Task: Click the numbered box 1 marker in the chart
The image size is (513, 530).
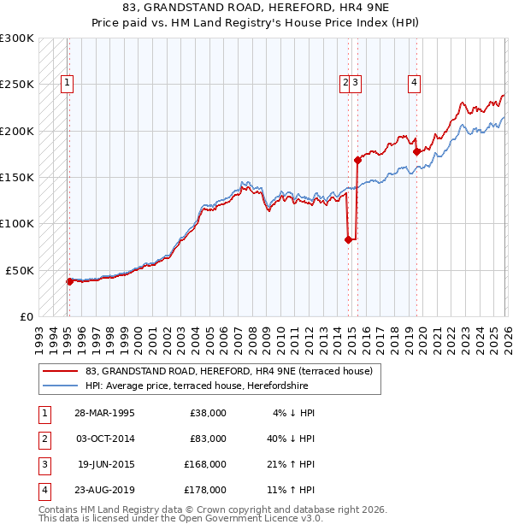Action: (x=67, y=83)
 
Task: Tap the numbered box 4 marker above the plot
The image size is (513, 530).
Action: (x=414, y=83)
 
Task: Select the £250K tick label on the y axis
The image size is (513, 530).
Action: (x=17, y=85)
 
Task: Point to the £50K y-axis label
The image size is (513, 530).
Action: (x=20, y=270)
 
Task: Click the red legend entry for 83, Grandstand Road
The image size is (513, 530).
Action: (x=228, y=372)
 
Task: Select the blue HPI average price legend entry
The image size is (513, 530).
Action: (x=233, y=386)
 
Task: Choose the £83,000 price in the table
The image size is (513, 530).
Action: (x=208, y=439)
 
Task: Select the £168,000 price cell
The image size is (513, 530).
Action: (x=205, y=464)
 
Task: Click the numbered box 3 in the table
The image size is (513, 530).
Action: (x=44, y=464)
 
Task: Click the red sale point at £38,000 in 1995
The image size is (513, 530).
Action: (x=69, y=281)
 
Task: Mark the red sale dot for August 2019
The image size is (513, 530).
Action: (x=416, y=151)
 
